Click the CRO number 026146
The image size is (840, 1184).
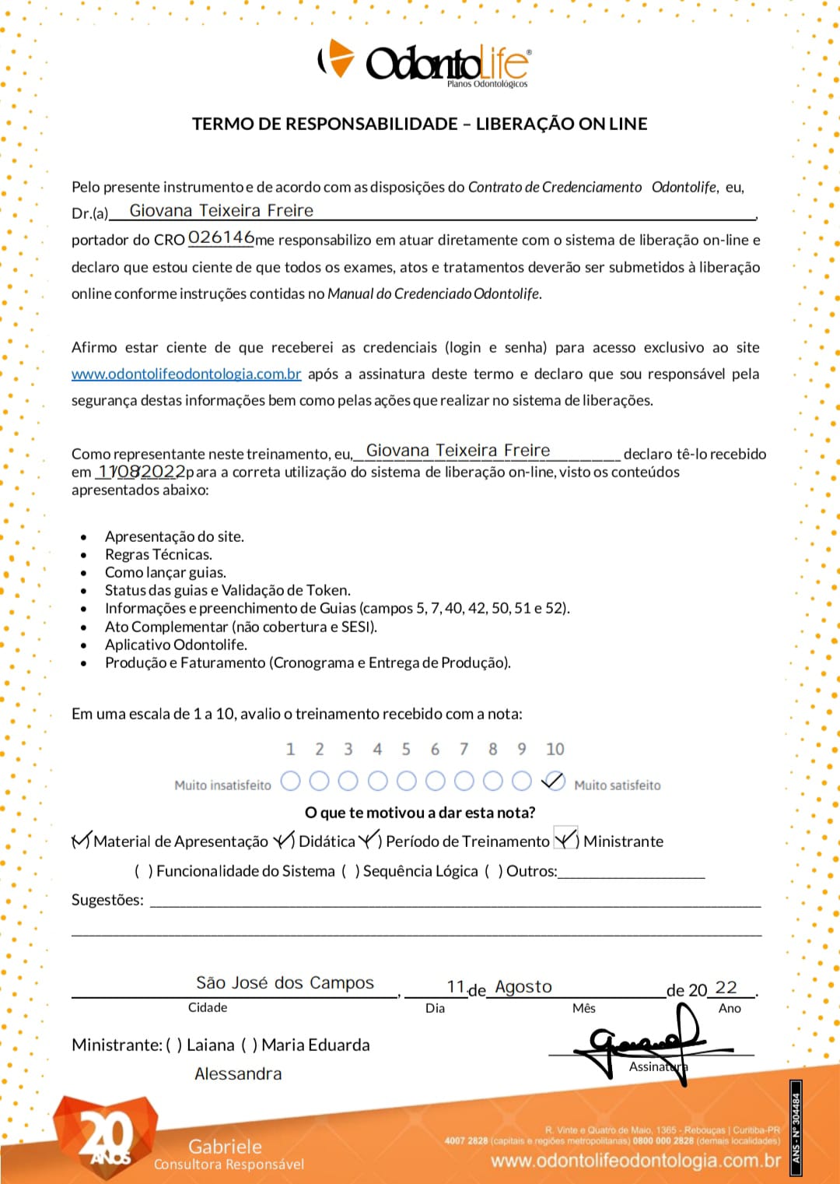point(221,237)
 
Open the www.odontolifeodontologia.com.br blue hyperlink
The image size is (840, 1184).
point(186,374)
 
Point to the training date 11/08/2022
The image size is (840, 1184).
point(141,472)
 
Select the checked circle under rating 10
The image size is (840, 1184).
point(553,781)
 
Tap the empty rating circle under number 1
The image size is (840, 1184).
point(290,781)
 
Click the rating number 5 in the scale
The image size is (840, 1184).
point(406,749)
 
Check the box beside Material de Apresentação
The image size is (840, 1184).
point(81,841)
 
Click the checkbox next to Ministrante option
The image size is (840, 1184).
point(565,839)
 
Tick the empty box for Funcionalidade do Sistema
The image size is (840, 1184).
point(144,871)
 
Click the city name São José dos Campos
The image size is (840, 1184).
point(285,983)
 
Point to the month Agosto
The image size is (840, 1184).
point(523,987)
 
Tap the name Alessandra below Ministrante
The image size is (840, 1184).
point(238,1074)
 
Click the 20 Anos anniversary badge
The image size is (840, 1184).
point(105,1137)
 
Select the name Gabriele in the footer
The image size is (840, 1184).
point(225,1146)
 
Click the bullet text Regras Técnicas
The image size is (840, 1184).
point(159,554)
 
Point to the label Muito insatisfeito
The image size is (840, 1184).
point(222,785)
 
